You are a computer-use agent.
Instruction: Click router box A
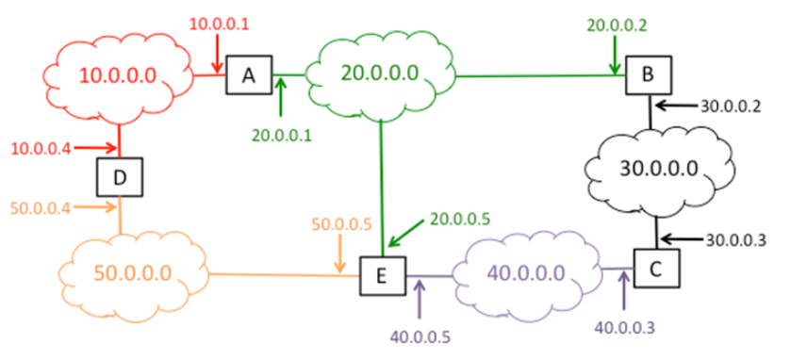click(248, 75)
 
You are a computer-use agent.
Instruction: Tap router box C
click(654, 269)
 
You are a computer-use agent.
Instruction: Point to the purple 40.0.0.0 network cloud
click(526, 272)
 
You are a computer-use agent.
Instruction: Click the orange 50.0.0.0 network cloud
click(132, 272)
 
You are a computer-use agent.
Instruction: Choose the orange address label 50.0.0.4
click(41, 207)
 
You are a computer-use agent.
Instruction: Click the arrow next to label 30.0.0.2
click(674, 105)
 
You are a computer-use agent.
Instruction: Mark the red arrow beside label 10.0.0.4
click(93, 148)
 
